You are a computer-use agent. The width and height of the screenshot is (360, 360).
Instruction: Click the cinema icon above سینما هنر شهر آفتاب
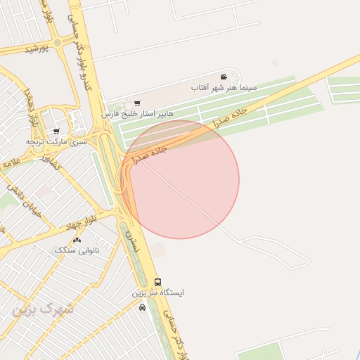(x=224, y=77)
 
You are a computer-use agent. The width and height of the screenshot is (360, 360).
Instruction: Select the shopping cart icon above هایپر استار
(x=136, y=103)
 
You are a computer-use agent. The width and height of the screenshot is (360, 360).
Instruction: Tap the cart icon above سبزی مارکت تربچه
(x=56, y=131)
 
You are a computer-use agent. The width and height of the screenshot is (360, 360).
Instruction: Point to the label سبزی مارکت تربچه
(x=57, y=141)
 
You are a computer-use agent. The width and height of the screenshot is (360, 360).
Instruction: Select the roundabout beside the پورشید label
(x=58, y=42)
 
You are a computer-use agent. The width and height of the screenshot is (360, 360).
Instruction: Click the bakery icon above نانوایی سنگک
(x=77, y=240)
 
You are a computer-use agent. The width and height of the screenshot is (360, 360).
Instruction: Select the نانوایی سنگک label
(x=77, y=250)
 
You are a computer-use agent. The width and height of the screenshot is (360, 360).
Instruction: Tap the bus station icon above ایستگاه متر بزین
(x=157, y=282)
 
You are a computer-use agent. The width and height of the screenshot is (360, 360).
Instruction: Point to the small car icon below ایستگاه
(x=143, y=307)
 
